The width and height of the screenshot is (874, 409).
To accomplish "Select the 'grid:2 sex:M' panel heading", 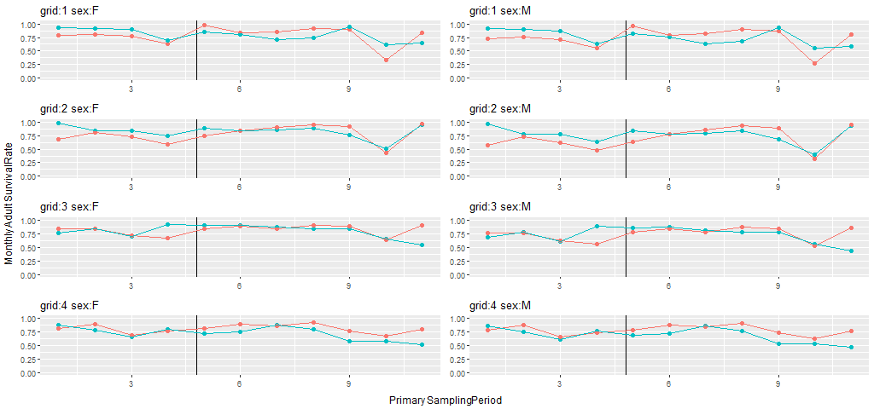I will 498,109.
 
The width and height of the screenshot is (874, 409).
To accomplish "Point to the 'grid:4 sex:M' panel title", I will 498,305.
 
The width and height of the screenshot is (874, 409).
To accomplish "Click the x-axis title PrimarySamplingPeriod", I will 445,400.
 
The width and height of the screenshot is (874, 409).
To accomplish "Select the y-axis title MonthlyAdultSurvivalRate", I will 9,204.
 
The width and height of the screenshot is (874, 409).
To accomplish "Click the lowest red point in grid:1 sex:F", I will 386,60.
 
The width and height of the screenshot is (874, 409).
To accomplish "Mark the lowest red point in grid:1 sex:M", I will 814,63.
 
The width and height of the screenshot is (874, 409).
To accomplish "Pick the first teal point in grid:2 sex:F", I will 58,123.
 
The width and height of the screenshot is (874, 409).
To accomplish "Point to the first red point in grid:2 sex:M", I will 487,145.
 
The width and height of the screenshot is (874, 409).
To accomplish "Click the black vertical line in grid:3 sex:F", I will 197,247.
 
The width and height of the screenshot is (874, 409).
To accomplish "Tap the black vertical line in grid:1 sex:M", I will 626,51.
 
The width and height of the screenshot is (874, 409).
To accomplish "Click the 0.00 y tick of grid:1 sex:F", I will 28,78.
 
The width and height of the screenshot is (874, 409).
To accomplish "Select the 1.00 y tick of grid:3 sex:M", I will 457,221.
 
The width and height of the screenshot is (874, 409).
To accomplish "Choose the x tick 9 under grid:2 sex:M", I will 778,187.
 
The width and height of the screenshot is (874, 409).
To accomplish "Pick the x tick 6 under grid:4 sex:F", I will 240,383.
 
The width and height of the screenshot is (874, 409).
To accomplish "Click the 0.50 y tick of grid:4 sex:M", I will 457,346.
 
